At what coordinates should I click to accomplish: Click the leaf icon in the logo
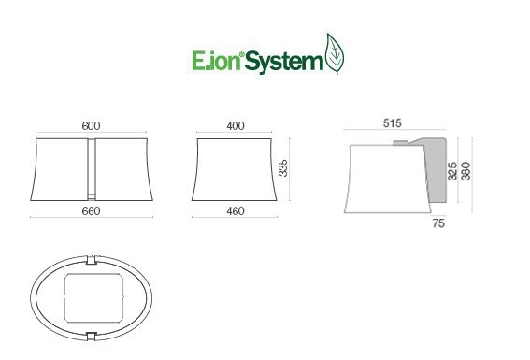pyautogui.click(x=335, y=53)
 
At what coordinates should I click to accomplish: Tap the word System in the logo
pyautogui.click(x=283, y=63)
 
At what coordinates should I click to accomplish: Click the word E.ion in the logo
pyautogui.click(x=216, y=61)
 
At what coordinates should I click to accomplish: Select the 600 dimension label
pyautogui.click(x=91, y=125)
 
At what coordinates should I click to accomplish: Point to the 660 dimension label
pyautogui.click(x=91, y=211)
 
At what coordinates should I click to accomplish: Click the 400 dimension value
pyautogui.click(x=236, y=125)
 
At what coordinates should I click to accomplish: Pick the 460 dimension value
pyautogui.click(x=236, y=211)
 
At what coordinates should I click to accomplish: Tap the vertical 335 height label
pyautogui.click(x=283, y=168)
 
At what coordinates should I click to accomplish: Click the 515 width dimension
pyautogui.click(x=392, y=123)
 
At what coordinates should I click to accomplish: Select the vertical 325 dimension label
pyautogui.click(x=452, y=171)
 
